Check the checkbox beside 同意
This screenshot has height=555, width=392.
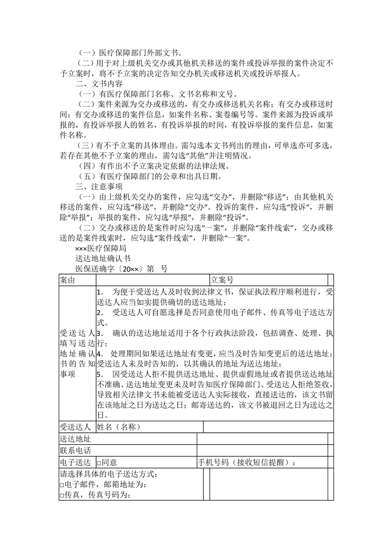(99, 463)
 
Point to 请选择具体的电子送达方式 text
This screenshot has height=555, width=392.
(109, 474)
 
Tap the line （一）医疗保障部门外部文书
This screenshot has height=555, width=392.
(129, 52)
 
